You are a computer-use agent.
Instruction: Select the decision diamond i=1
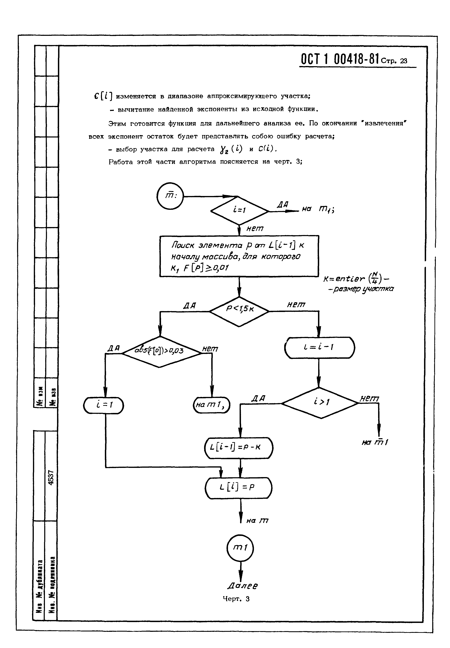coord(239,210)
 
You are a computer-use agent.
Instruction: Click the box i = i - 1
coord(320,347)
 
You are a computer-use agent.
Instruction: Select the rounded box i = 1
coord(103,405)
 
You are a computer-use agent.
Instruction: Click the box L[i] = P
coord(239,488)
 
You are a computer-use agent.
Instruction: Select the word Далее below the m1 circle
coord(243,586)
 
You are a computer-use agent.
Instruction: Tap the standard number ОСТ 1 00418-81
coord(340,59)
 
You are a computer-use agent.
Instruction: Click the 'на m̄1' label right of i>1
coord(375,443)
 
